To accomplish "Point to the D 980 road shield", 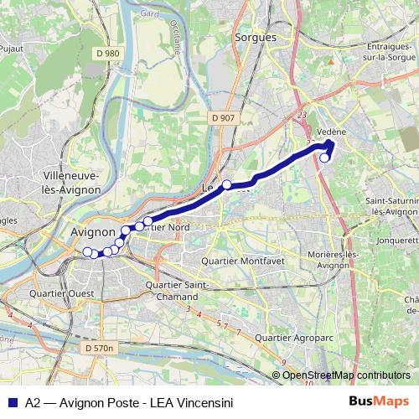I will pyautogui.click(x=107, y=54).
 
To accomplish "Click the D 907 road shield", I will pyautogui.click(x=223, y=118).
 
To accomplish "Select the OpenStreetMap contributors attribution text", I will pyautogui.click(x=345, y=375).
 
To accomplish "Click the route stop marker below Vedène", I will pyautogui.click(x=325, y=157).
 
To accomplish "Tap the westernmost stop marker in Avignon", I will pyautogui.click(x=87, y=251).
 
